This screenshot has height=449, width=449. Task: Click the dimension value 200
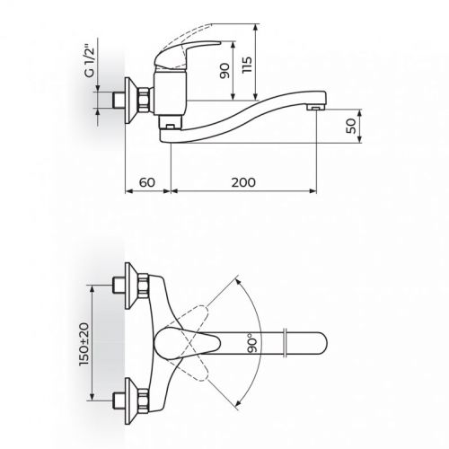coord(242,182)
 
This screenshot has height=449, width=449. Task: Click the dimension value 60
coord(147,182)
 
